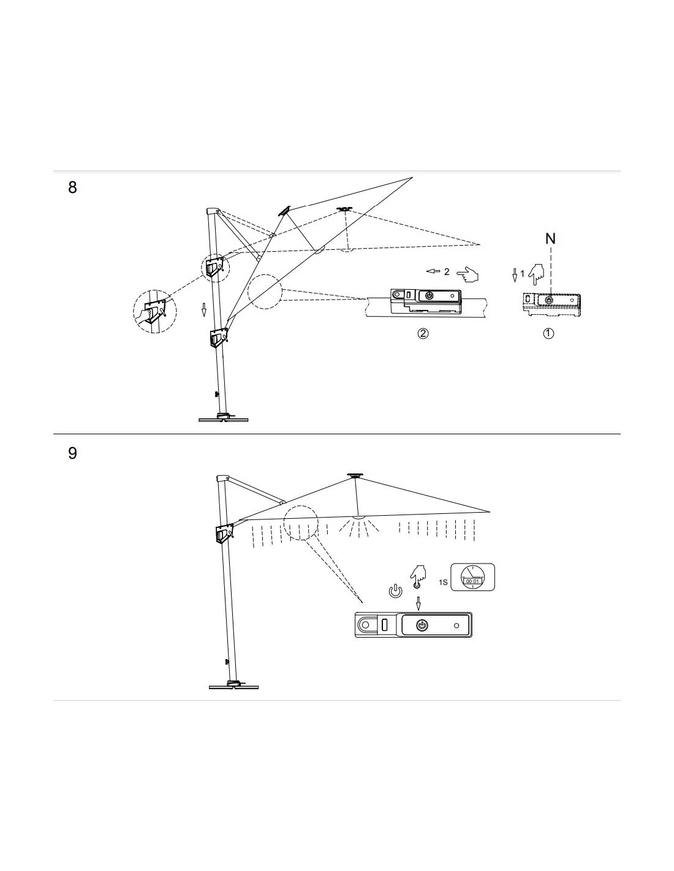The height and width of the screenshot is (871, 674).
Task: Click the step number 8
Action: pos(72,187)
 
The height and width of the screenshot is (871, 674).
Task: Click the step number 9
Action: pos(72,454)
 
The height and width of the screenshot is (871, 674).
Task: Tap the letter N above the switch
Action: pos(550,238)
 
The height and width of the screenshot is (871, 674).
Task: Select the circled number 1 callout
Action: pos(549,333)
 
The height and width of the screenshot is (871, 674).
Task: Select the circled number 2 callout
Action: pos(423,333)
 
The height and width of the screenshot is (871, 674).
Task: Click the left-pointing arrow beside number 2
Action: pos(433,271)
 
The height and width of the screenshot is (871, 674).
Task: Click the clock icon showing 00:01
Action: pos(472,577)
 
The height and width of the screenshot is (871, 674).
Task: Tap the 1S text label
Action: pos(443,583)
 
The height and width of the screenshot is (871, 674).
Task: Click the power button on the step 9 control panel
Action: pos(422,625)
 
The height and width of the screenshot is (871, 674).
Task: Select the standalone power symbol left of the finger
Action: pos(396,592)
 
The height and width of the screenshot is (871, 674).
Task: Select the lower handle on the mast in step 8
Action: pos(218,337)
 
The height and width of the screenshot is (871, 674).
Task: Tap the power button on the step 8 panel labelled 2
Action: pos(429,296)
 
